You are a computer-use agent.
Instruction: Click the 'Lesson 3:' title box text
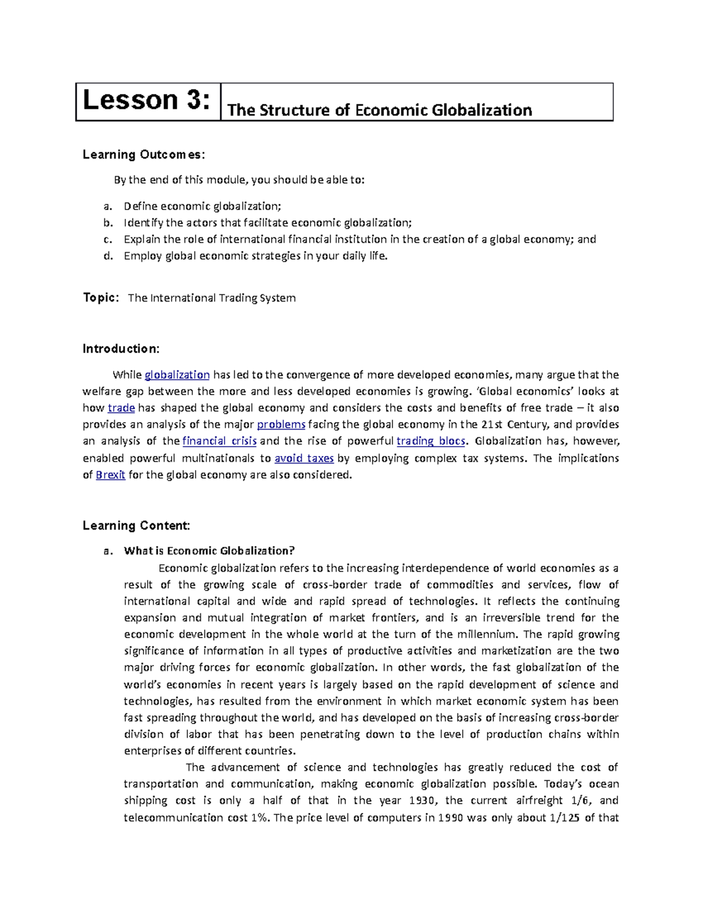click(x=146, y=101)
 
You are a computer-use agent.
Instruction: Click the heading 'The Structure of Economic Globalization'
click(x=379, y=110)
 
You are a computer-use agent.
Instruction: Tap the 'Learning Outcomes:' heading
click(x=144, y=155)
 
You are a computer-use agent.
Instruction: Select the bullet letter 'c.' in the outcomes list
click(x=107, y=239)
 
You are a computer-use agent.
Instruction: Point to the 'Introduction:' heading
click(x=121, y=349)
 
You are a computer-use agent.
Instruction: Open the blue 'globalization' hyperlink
click(x=177, y=375)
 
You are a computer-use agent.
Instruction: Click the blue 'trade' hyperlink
click(x=121, y=408)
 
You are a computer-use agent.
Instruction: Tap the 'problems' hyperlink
click(x=281, y=424)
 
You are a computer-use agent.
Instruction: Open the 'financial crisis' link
click(x=220, y=441)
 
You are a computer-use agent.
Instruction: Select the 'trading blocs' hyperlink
click(x=431, y=441)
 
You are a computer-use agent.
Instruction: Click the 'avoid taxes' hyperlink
click(x=304, y=458)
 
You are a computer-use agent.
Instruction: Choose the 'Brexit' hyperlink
click(x=110, y=475)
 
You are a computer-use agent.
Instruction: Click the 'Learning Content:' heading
click(x=136, y=526)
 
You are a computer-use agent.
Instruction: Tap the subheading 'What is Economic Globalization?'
click(x=209, y=551)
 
